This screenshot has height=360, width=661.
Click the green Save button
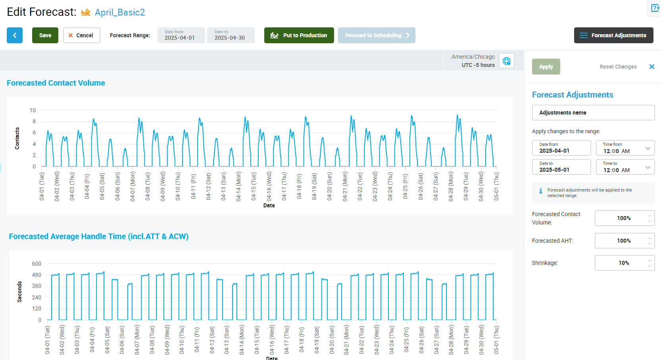click(x=45, y=35)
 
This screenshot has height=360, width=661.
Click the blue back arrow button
click(x=15, y=35)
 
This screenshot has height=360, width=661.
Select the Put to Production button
click(x=299, y=35)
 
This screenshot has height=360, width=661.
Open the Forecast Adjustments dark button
click(x=613, y=35)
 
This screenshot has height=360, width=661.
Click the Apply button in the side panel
click(x=546, y=67)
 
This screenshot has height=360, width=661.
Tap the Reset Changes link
click(x=618, y=67)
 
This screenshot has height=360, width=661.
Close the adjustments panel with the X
click(x=651, y=67)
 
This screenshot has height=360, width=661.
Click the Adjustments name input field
click(x=593, y=113)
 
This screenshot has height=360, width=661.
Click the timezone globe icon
click(x=507, y=61)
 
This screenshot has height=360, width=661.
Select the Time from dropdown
click(x=625, y=148)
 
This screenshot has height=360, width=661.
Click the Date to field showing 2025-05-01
click(x=561, y=167)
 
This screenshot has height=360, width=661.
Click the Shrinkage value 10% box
click(x=624, y=263)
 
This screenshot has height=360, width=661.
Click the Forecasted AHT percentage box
click(x=624, y=241)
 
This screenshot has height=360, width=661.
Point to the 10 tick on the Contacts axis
click(x=33, y=110)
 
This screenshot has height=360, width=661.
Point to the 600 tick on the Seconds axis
click(x=37, y=264)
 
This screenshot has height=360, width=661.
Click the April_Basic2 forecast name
click(x=120, y=12)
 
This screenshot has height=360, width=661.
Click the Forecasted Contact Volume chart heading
click(x=56, y=83)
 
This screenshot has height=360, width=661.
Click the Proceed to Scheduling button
click(x=377, y=35)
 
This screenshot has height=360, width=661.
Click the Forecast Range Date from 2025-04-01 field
click(x=181, y=35)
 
